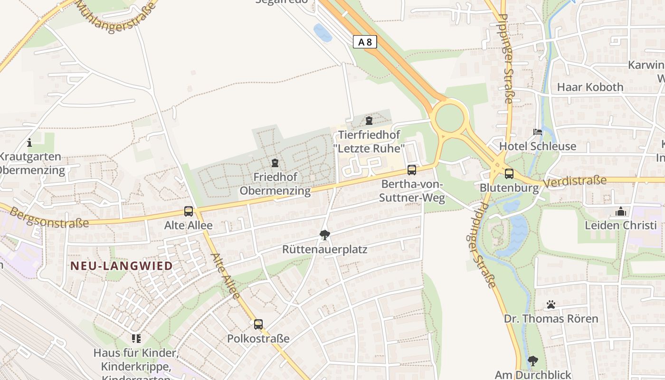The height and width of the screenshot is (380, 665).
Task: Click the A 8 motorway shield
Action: [x=365, y=42]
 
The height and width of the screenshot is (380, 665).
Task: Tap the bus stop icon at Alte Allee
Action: [x=189, y=211]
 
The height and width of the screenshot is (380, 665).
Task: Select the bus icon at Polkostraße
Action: [x=258, y=324]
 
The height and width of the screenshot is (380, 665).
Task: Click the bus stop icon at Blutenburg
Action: [x=509, y=174]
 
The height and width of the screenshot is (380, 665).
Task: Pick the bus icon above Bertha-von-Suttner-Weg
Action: [x=412, y=170]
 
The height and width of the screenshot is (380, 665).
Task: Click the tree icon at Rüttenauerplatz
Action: [x=325, y=235]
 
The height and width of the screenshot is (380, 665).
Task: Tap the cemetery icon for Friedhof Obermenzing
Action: [x=275, y=163]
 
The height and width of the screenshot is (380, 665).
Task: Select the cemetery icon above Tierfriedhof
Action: [x=369, y=121]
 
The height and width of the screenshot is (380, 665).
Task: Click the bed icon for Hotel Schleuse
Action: [x=538, y=132]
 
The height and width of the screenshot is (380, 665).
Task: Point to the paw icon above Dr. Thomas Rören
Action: [x=551, y=304]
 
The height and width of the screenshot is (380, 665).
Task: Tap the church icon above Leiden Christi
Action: [x=620, y=211]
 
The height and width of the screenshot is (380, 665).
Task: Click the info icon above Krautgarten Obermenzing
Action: [x=29, y=142]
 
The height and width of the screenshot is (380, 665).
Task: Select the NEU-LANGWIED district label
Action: [x=122, y=266]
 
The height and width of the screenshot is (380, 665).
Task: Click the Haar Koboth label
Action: [x=590, y=87]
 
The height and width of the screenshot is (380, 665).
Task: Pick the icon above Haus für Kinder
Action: [x=136, y=339]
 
